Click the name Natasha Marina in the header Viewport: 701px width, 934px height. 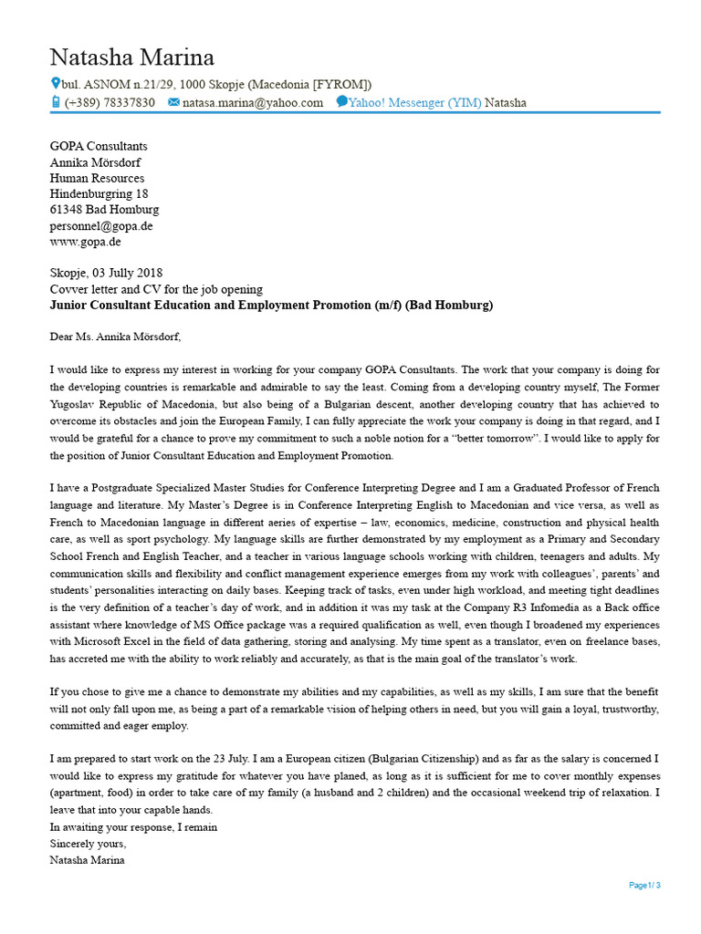[x=132, y=57]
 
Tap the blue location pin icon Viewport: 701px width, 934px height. [x=55, y=84]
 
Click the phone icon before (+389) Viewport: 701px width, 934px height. [x=55, y=102]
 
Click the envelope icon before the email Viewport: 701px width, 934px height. [x=173, y=103]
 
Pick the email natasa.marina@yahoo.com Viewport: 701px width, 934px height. [x=253, y=103]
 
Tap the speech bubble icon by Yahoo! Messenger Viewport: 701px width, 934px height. [x=341, y=102]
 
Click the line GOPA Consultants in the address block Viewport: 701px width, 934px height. [x=99, y=146]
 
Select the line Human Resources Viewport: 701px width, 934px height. [x=97, y=178]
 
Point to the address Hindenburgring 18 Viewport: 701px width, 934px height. [x=99, y=194]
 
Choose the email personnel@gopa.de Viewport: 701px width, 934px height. [x=101, y=226]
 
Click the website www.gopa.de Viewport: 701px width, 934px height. [x=85, y=242]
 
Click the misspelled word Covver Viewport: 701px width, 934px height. [x=68, y=288]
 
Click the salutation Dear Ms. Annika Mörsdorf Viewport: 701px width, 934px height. [x=115, y=337]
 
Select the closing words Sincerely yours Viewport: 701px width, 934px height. [x=88, y=844]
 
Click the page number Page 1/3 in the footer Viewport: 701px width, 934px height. [x=644, y=885]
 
